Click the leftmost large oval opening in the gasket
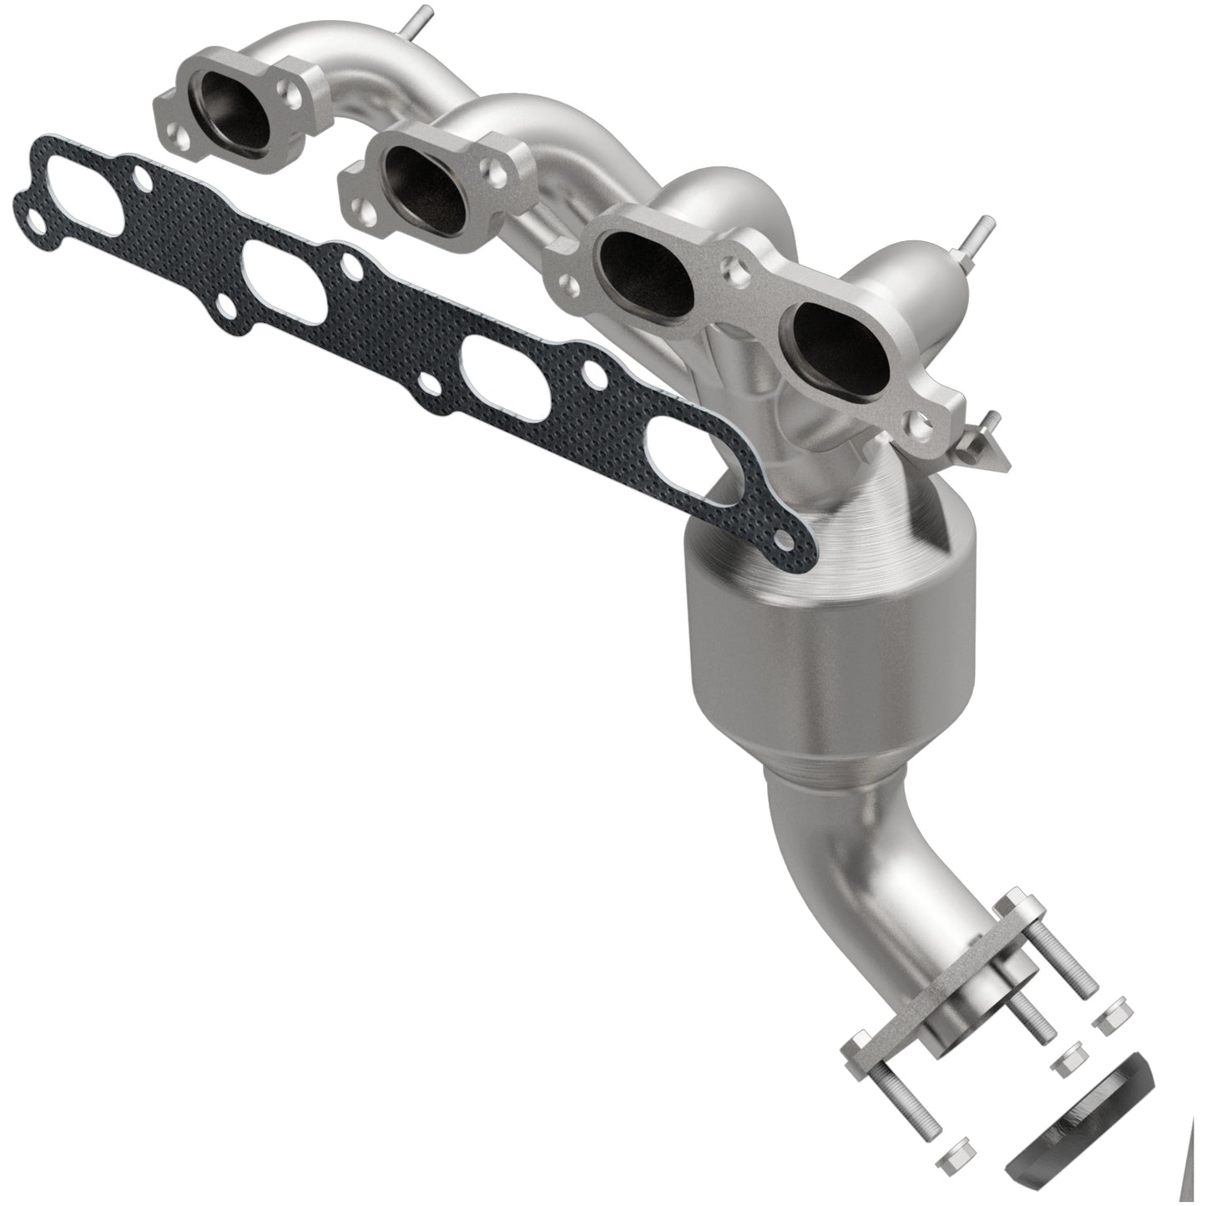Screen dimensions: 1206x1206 click(x=88, y=186)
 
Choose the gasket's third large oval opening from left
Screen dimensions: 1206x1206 click(x=498, y=368)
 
